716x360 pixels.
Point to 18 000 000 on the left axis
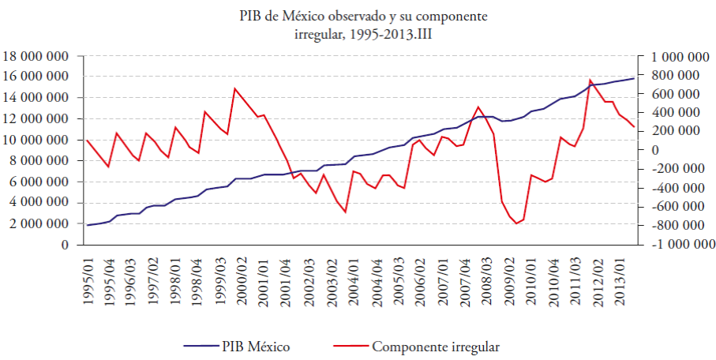(36, 56)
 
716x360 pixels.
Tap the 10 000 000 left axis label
(36, 140)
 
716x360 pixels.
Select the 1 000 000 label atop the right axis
(677, 56)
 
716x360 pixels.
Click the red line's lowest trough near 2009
(516, 223)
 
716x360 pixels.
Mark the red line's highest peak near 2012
(590, 80)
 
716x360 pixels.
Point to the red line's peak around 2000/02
(234, 88)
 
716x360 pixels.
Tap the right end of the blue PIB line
(634, 78)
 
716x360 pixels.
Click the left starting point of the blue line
(87, 225)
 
